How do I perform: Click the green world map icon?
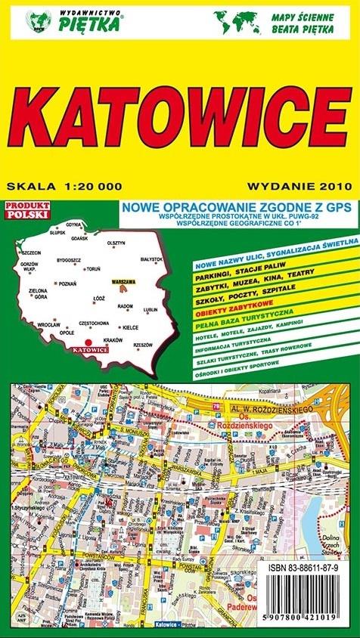pos(234,20)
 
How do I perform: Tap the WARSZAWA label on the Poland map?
pos(123,281)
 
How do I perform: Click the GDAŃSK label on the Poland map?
pos(79,238)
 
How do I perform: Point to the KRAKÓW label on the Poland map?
pos(113,339)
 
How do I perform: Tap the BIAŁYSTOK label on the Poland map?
pos(151,259)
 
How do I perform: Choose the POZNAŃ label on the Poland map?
pos(66,283)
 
